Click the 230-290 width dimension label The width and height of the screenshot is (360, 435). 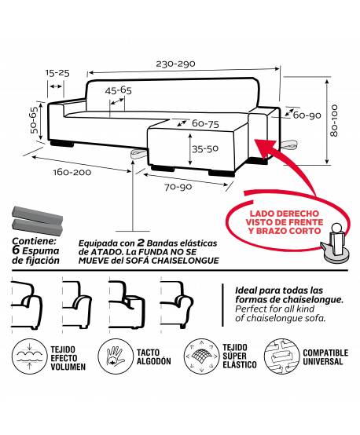pyautogui.click(x=175, y=64)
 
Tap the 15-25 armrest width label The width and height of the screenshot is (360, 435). pyautogui.click(x=57, y=73)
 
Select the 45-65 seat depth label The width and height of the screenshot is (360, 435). pyautogui.click(x=119, y=90)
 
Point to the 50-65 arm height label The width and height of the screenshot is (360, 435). pyautogui.click(x=34, y=120)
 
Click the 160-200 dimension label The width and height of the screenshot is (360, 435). pyautogui.click(x=72, y=172)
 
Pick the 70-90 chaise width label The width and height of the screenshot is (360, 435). pyautogui.click(x=178, y=187)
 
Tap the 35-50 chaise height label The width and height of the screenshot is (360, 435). pyautogui.click(x=205, y=148)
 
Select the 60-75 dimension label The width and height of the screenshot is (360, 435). pyautogui.click(x=205, y=124)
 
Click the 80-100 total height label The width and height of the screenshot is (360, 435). pyautogui.click(x=334, y=121)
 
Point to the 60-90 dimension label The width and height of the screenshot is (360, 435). pyautogui.click(x=307, y=115)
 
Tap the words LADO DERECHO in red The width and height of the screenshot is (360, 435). pyautogui.click(x=285, y=214)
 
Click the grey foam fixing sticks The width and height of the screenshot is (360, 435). pyautogui.click(x=37, y=221)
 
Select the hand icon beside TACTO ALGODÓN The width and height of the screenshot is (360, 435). pyautogui.click(x=116, y=356)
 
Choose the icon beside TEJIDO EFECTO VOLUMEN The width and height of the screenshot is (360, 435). pyautogui.click(x=29, y=356)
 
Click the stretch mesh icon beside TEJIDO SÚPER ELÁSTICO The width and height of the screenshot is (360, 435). pyautogui.click(x=201, y=356)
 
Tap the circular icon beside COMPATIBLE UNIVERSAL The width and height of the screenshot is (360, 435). pyautogui.click(x=281, y=356)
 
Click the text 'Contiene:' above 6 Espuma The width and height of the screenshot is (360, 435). pyautogui.click(x=35, y=241)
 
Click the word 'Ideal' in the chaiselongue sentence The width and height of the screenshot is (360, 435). pyautogui.click(x=246, y=291)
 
